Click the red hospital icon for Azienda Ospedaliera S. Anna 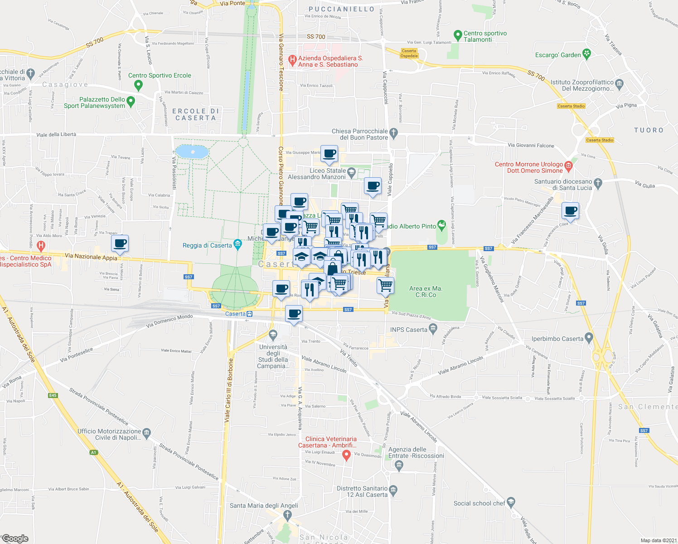(292, 59)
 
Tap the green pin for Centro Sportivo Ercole (139, 84)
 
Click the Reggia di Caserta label (207, 245)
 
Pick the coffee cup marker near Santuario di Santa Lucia (571, 211)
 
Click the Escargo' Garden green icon (587, 54)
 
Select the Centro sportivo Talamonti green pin (458, 34)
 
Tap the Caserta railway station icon (249, 314)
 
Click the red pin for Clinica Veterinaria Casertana (347, 455)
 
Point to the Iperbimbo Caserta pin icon (589, 337)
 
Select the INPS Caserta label (409, 330)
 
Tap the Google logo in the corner (15, 539)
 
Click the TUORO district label (649, 130)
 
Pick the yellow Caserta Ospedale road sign (409, 53)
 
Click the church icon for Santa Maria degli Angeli (287, 515)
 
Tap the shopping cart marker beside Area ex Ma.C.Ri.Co (385, 286)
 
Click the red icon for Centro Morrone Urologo (569, 166)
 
